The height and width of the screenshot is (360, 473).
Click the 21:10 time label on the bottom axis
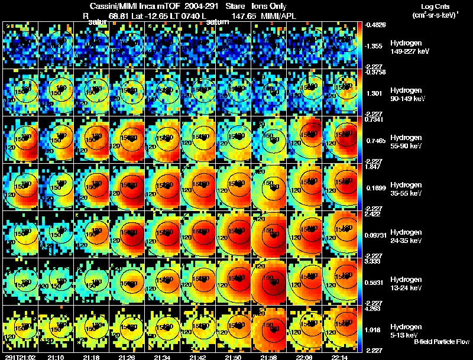[x=56, y=356]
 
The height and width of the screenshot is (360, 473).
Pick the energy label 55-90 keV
[x=407, y=146]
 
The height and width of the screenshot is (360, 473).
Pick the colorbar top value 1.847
[x=372, y=167]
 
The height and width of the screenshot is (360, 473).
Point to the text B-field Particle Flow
[x=442, y=342]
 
